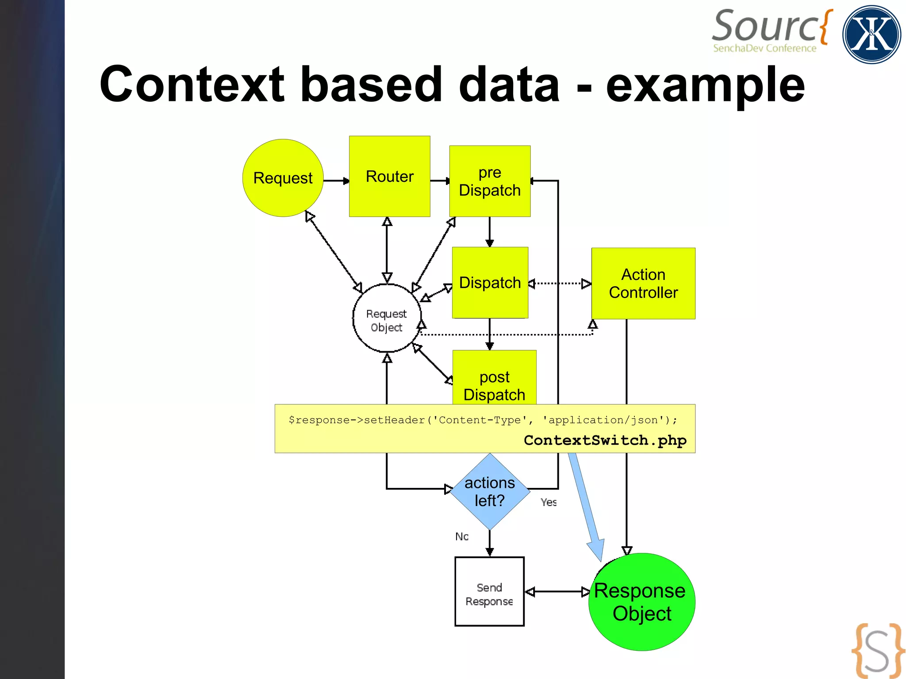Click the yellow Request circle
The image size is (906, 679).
click(283, 178)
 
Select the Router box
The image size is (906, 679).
click(389, 176)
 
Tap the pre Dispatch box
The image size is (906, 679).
click(490, 181)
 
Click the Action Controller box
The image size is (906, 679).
click(643, 283)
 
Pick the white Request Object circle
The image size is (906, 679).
click(387, 318)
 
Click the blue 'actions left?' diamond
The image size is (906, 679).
click(490, 491)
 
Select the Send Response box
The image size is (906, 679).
click(489, 591)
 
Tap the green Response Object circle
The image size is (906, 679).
click(641, 602)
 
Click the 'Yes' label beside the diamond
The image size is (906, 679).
click(549, 502)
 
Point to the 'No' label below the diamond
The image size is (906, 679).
click(462, 537)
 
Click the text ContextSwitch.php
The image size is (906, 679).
click(605, 440)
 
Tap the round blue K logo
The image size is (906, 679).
click(871, 35)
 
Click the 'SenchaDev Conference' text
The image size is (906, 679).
click(764, 48)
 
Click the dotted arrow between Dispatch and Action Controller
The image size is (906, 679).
click(560, 283)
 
